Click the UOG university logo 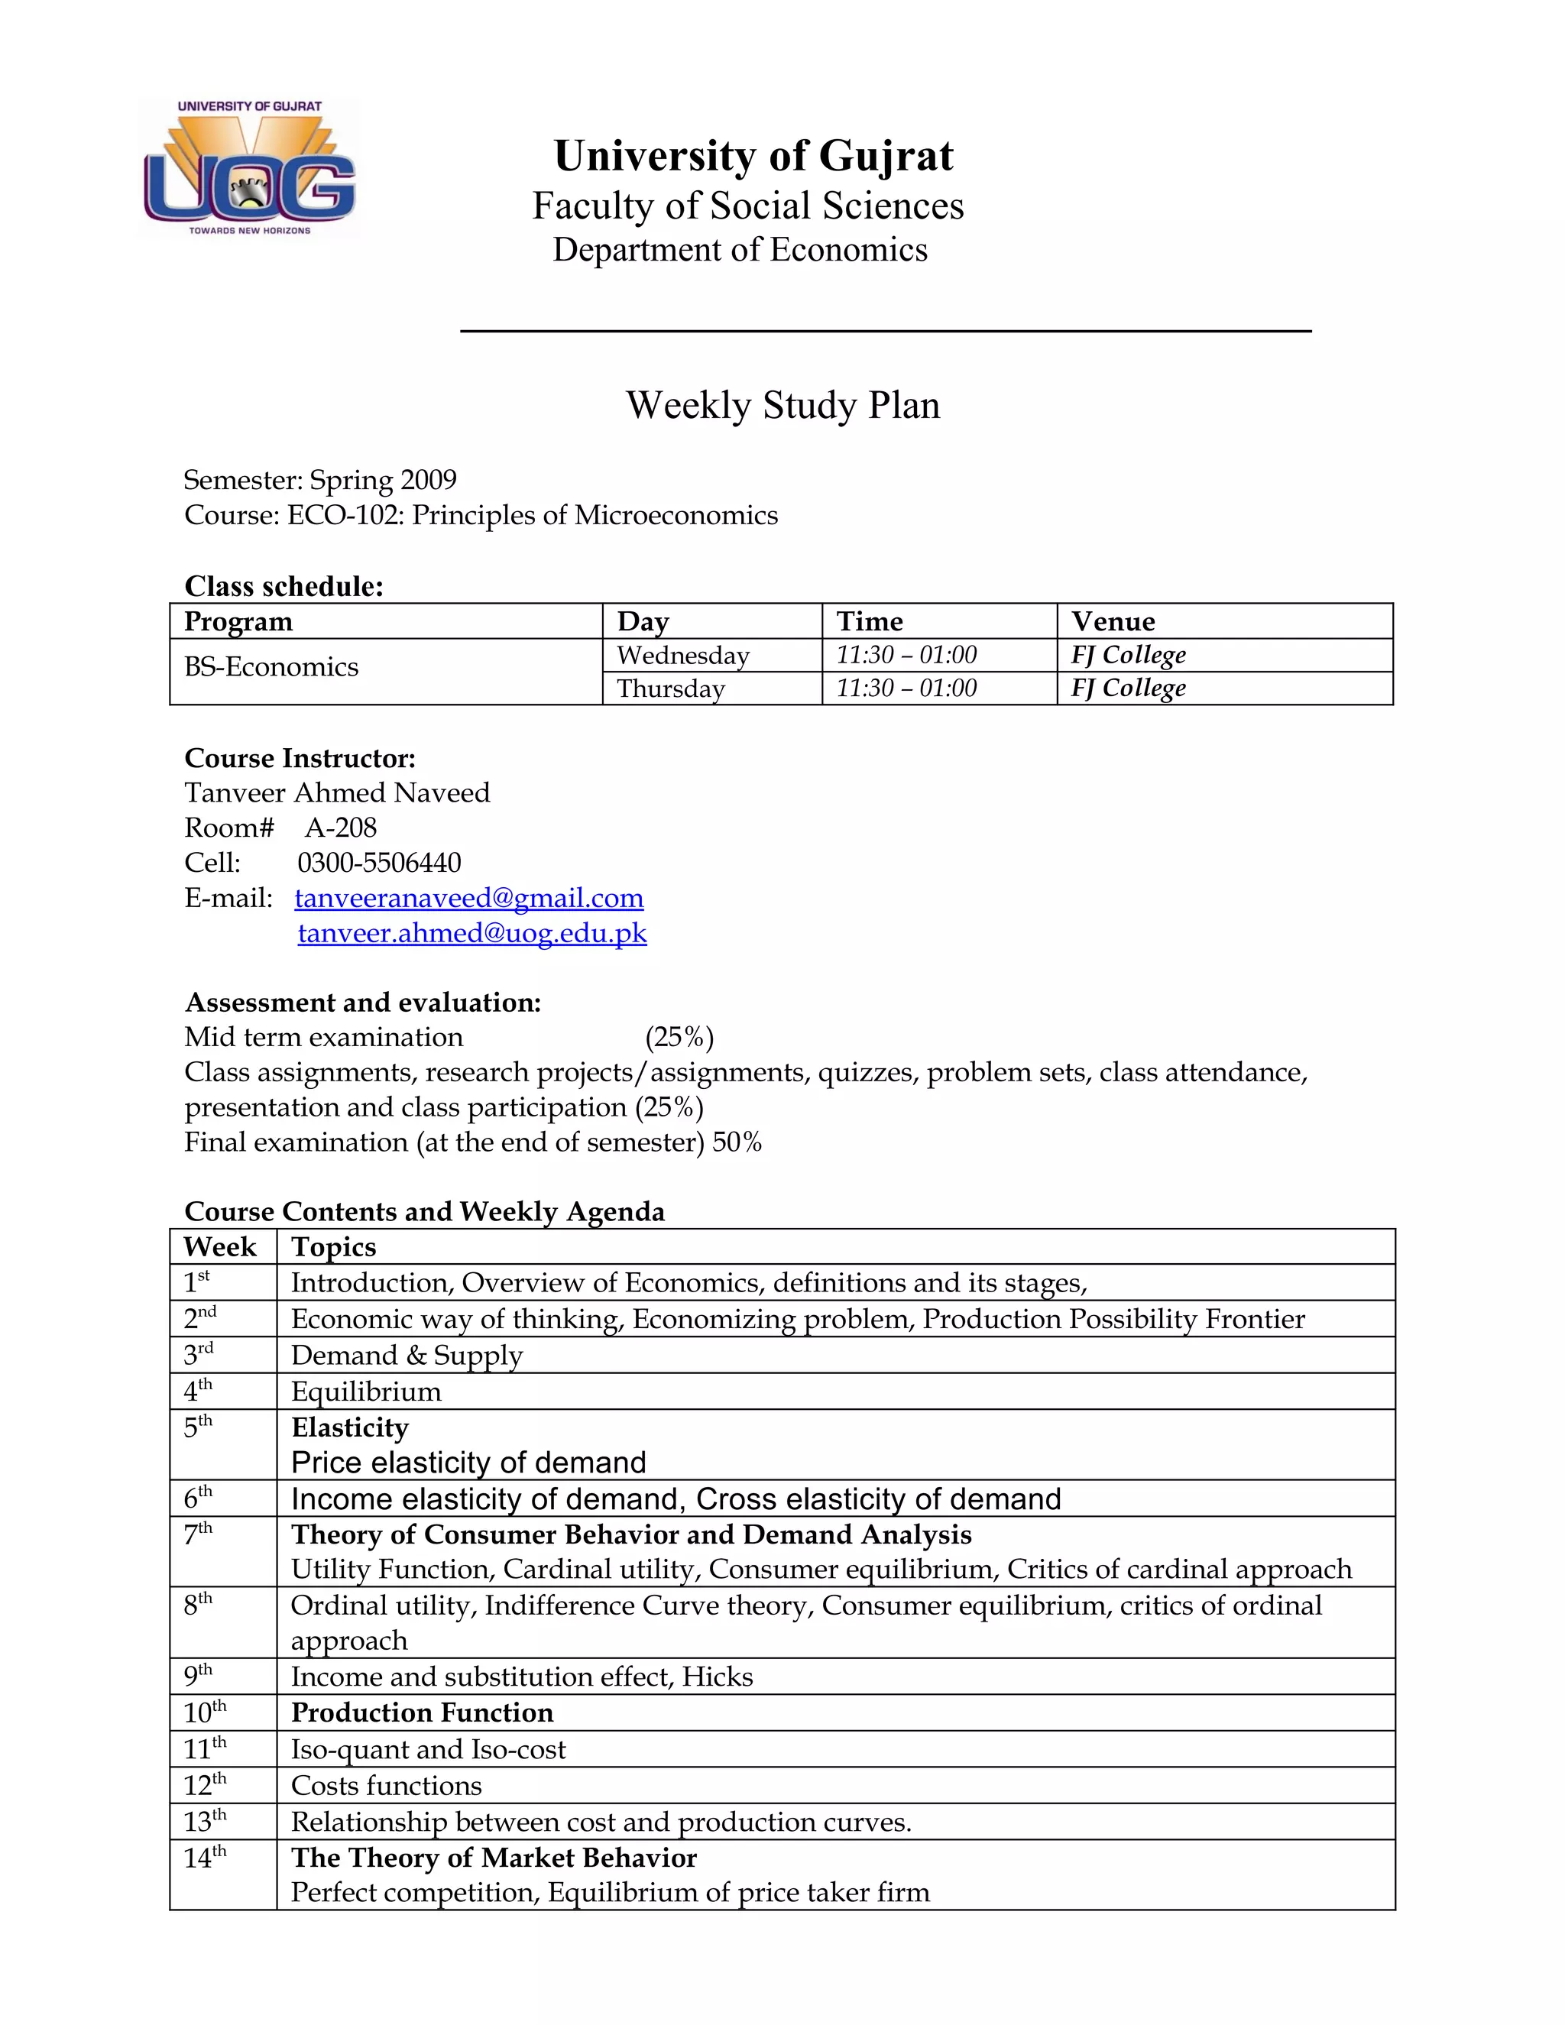tap(248, 169)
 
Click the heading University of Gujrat tap(753, 156)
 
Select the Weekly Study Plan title tap(782, 405)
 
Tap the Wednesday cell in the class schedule tap(682, 656)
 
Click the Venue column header tap(1113, 621)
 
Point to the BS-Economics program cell tap(271, 666)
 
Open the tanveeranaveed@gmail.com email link tap(469, 898)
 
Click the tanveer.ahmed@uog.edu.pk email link tap(472, 933)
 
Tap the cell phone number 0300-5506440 tap(378, 863)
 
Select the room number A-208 tap(340, 828)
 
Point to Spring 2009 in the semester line tap(382, 481)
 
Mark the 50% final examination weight tap(737, 1142)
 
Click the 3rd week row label tap(199, 1355)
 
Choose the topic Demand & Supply tap(407, 1356)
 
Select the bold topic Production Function tap(422, 1712)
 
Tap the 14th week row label tap(204, 1858)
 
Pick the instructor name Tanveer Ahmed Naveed tap(336, 792)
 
